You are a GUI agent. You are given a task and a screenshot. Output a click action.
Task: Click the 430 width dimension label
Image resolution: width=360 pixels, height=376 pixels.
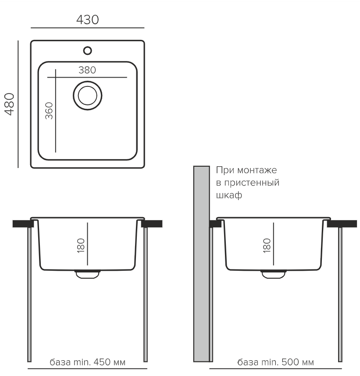point(87,19)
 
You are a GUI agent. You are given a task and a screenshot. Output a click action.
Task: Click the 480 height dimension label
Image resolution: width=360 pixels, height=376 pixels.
point(10,104)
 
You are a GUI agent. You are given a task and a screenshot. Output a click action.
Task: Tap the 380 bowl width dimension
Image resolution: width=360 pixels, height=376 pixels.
point(87,70)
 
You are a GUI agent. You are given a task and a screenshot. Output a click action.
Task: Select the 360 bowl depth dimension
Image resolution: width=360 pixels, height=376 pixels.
point(49,111)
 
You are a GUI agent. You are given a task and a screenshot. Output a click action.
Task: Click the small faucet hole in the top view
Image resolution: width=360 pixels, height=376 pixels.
point(87,50)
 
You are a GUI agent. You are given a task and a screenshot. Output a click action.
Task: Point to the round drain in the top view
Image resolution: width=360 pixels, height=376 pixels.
point(87,95)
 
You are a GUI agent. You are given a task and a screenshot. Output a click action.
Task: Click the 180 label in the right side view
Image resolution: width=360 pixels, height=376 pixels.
point(266,244)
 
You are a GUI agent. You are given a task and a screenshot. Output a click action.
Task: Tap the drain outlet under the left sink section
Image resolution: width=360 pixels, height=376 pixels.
point(87,274)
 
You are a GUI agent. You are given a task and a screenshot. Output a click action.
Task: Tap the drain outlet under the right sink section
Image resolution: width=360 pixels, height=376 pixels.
point(272,274)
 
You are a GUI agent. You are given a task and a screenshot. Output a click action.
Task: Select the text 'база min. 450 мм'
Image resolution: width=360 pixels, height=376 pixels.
point(88,362)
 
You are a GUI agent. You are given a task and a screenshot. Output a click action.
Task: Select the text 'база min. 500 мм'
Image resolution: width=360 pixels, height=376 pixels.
point(275,362)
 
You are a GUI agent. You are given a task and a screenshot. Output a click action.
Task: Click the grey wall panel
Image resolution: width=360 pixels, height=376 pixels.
point(201,263)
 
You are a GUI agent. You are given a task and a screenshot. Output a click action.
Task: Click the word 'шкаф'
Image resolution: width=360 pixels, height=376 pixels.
point(229,195)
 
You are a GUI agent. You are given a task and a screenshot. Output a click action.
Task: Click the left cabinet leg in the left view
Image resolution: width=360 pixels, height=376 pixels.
point(29,294)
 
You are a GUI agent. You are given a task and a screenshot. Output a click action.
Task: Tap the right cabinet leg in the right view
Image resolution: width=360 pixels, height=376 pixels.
point(340,294)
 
